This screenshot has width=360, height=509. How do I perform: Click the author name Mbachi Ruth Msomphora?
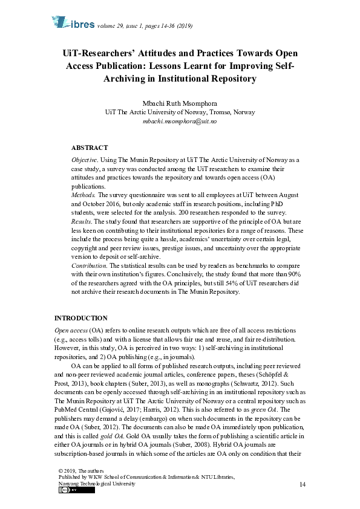point(180,102)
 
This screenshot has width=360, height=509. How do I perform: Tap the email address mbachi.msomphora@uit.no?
point(180,121)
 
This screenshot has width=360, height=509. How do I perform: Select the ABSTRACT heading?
point(90,148)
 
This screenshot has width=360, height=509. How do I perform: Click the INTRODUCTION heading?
point(81,318)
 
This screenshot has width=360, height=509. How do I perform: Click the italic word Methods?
point(83,196)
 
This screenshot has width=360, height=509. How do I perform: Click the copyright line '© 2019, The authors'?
point(81,470)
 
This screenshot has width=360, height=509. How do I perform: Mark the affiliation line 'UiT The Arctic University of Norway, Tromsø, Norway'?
point(180,112)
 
